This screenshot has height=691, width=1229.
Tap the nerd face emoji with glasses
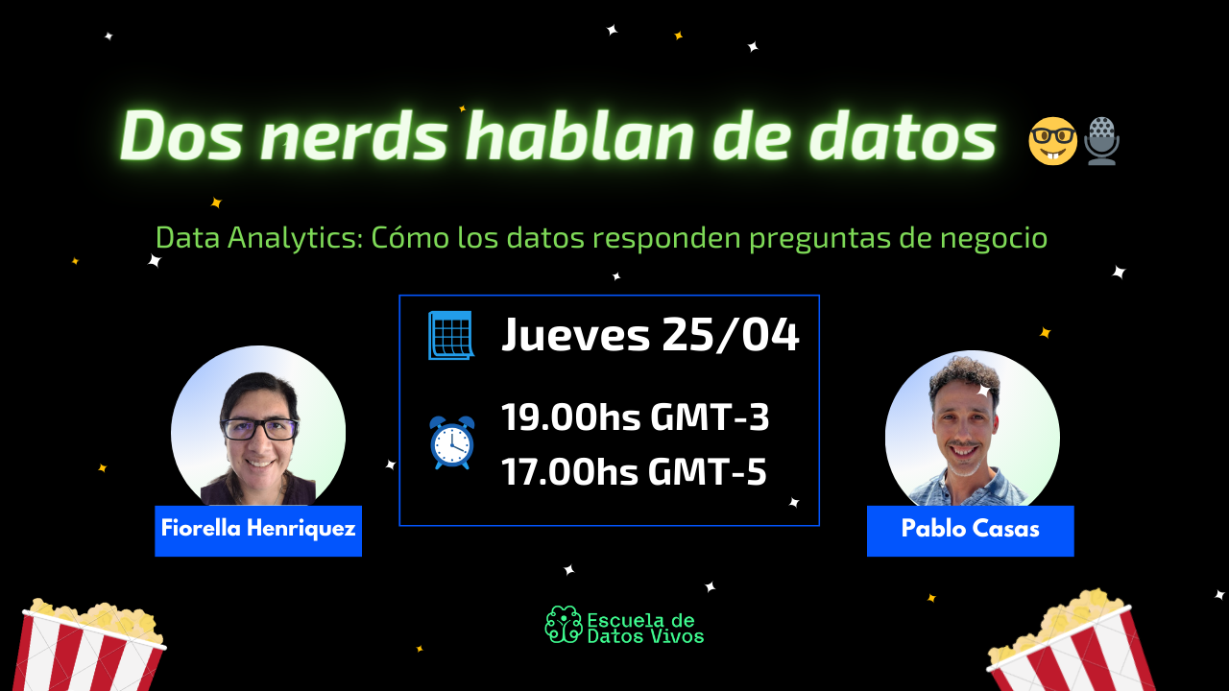[x=1052, y=141]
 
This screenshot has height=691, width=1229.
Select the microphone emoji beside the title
[x=1101, y=141]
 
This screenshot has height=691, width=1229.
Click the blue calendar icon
[x=450, y=336]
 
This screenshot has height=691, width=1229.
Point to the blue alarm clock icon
[x=451, y=442]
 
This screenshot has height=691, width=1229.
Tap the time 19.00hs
[x=569, y=417]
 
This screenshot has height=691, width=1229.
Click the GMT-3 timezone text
[x=711, y=417]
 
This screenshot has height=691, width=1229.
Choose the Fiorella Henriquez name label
[x=258, y=530]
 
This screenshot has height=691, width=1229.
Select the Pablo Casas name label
[x=970, y=530]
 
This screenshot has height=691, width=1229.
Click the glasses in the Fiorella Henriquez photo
[x=259, y=429]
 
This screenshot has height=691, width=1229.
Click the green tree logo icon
[x=563, y=625]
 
